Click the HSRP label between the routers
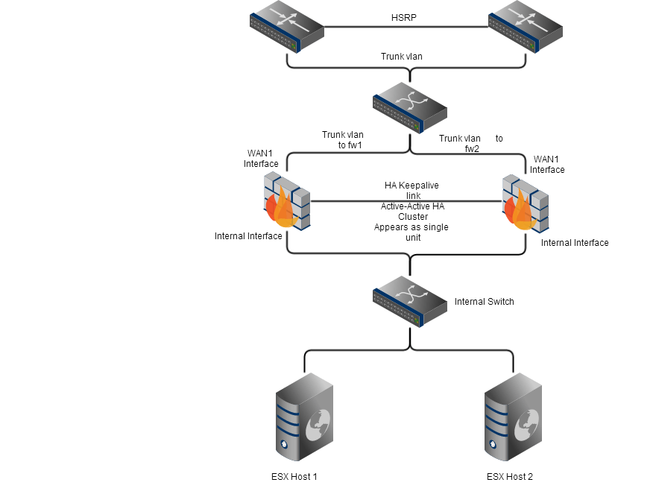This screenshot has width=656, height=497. click(x=403, y=17)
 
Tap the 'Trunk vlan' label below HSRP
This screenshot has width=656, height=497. click(x=402, y=56)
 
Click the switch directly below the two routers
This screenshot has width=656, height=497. click(x=411, y=107)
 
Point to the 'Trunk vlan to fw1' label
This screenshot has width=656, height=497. click(x=343, y=140)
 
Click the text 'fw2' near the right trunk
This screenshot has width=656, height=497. click(x=472, y=149)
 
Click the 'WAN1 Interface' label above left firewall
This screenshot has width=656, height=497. click(x=261, y=159)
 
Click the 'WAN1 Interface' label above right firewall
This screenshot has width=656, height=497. click(x=547, y=165)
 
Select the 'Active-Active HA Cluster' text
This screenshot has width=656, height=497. click(x=412, y=211)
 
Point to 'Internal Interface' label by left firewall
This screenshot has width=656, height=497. click(x=248, y=236)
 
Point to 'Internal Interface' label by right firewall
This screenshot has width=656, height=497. click(x=575, y=243)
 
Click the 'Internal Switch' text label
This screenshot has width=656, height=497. click(x=484, y=302)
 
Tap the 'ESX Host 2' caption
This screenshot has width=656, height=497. click(x=510, y=477)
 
